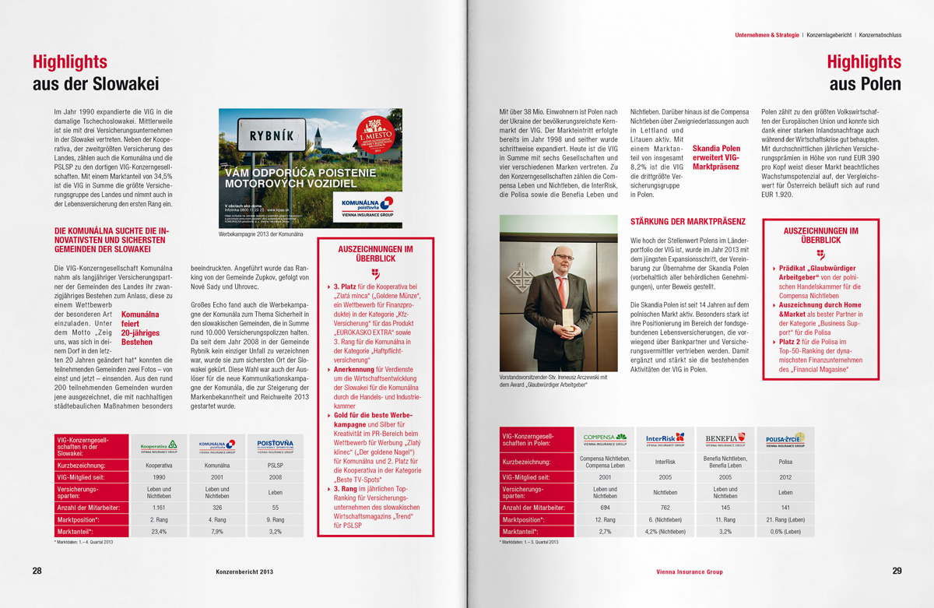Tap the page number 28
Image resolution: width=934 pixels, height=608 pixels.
pos(37,571)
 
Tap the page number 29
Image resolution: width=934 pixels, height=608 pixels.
pos(897,571)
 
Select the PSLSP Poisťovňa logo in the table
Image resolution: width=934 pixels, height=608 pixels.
pos(276,446)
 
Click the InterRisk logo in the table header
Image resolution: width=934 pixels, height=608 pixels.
pos(665,439)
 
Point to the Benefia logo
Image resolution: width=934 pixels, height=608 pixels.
pos(725,439)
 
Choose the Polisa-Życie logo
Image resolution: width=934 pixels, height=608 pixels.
pos(785,439)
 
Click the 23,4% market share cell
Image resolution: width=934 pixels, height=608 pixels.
pos(159,532)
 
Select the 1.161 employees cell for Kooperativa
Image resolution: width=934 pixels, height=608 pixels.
pos(159,506)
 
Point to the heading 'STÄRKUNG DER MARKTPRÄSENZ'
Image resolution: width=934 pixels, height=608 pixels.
pos(687,222)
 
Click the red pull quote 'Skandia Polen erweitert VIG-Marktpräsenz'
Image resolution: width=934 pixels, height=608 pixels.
pos(716,156)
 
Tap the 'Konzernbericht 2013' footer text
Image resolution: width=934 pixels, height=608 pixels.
pos(244,572)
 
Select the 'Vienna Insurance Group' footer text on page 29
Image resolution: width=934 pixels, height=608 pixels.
pos(689,572)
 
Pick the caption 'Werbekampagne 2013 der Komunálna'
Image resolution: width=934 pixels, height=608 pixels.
pos(260,234)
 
